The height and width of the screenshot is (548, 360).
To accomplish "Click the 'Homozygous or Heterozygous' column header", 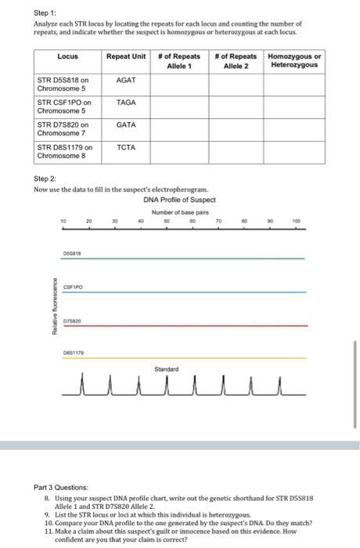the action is [x=294, y=61].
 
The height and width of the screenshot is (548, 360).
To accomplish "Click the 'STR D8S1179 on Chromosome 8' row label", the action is [x=65, y=151].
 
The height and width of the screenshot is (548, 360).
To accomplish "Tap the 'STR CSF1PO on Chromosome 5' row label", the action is [x=64, y=107].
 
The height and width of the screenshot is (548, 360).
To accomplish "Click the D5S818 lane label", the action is [x=73, y=253].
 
